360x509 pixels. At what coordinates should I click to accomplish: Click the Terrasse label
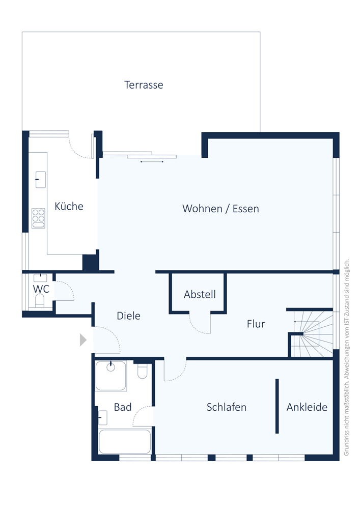[144, 85]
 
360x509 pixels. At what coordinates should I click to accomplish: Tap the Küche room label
[69, 206]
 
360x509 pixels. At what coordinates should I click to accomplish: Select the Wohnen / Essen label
[221, 208]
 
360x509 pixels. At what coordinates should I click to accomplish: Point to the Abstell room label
[200, 294]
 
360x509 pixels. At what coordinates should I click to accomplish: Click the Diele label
[128, 316]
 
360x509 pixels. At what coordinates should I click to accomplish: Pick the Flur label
[256, 324]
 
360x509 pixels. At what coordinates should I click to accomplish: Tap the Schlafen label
[226, 407]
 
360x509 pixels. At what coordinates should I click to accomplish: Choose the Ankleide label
[307, 407]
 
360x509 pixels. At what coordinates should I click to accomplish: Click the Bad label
[123, 407]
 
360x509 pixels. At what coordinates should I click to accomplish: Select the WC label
[41, 289]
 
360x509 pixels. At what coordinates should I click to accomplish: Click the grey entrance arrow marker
[83, 340]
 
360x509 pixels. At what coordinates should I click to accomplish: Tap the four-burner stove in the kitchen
[38, 218]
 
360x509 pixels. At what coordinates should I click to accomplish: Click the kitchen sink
[41, 180]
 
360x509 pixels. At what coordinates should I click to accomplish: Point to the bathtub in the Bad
[125, 441]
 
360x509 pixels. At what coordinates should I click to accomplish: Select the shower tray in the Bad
[110, 376]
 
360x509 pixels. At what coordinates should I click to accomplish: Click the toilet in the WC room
[40, 301]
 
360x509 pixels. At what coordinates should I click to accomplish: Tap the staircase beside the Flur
[312, 334]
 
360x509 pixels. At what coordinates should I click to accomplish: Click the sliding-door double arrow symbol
[152, 161]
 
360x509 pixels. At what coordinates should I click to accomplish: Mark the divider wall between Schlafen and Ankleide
[277, 406]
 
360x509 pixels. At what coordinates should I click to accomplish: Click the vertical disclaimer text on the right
[346, 357]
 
